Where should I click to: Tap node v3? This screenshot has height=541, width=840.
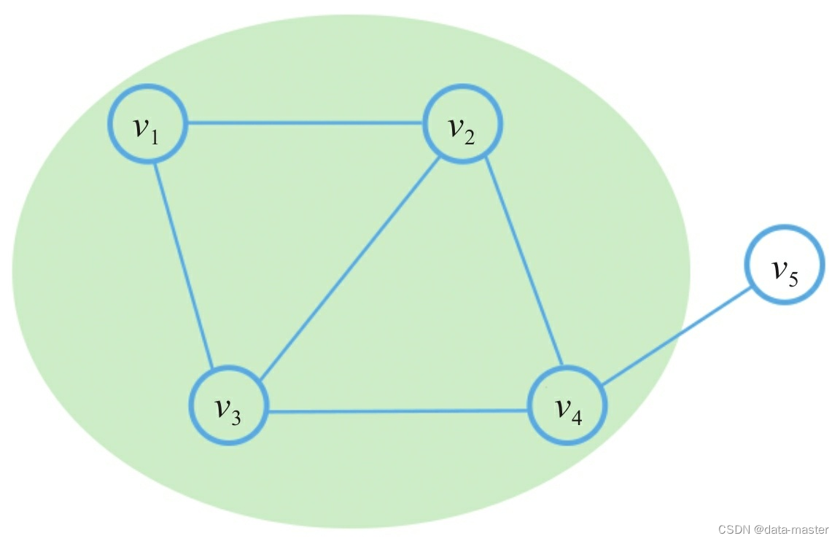(229, 405)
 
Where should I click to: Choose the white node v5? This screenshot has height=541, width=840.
(785, 265)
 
